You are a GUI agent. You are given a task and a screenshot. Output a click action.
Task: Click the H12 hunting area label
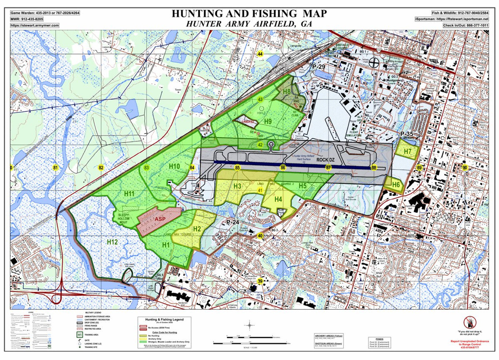(112, 242)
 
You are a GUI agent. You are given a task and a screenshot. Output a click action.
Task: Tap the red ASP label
(160, 219)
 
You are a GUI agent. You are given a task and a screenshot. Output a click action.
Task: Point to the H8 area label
(287, 91)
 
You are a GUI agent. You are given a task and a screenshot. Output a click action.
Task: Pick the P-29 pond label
(319, 67)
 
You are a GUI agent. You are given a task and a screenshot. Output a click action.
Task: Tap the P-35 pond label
(408, 133)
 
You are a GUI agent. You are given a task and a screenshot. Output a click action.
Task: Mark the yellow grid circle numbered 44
(260, 54)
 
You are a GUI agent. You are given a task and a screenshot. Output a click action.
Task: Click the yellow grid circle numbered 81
(55, 168)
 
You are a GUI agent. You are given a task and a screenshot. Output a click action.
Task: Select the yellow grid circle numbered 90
(464, 168)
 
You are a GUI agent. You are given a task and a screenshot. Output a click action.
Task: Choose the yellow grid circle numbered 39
(260, 281)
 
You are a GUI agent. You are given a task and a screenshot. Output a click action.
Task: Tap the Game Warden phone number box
(45, 13)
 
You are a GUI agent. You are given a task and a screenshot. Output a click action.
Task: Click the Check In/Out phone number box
(466, 25)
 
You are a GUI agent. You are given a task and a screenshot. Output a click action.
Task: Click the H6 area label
(395, 185)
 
